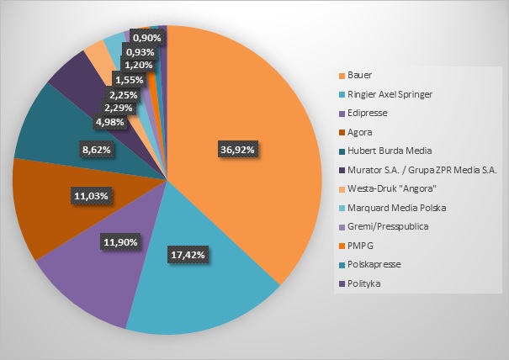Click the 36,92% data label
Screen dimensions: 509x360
[237, 150]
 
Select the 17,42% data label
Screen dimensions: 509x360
[188, 255]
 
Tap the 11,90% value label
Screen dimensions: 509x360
[120, 242]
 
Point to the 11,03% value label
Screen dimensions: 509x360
[91, 196]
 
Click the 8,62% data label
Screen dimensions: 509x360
[97, 150]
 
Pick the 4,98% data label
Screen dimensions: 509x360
[109, 122]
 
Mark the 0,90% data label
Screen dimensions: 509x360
[147, 38]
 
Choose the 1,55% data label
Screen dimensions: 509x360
[130, 80]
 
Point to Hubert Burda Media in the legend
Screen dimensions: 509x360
[390, 151]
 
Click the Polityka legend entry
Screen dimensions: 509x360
[364, 283]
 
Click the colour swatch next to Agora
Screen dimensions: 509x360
[342, 132]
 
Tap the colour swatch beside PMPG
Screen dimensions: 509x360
[342, 246]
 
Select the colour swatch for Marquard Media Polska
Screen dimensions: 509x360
[342, 208]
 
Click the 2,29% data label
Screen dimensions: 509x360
[119, 108]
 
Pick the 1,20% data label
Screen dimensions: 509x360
[139, 66]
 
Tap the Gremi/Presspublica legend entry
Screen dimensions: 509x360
[388, 226]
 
